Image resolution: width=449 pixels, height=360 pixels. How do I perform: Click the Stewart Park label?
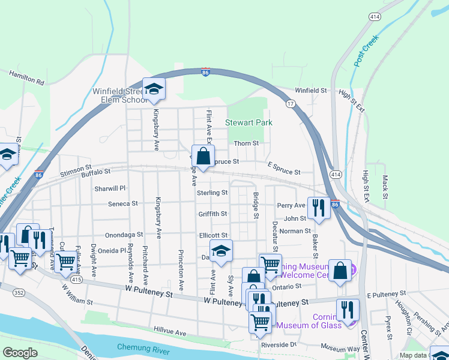pyautogui.click(x=249, y=122)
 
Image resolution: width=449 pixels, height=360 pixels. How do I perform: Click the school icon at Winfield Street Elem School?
pyautogui.click(x=154, y=89)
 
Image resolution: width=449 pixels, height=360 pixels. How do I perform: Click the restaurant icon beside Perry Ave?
pyautogui.click(x=319, y=208)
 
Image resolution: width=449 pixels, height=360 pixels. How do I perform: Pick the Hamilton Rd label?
pyautogui.click(x=26, y=77)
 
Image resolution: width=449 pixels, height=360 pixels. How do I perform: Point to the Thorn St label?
pyautogui.click(x=246, y=143)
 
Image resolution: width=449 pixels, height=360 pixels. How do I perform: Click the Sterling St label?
pyautogui.click(x=212, y=193)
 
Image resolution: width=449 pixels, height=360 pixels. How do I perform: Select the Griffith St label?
pyautogui.click(x=212, y=214)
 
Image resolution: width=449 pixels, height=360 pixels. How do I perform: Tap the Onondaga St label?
pyautogui.click(x=124, y=235)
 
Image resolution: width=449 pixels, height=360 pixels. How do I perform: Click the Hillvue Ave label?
pyautogui.click(x=170, y=332)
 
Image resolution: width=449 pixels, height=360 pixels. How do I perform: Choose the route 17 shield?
pyautogui.click(x=291, y=104)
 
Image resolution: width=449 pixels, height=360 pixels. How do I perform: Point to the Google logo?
pyautogui.click(x=20, y=352)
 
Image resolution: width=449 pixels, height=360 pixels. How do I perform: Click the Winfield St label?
pyautogui.click(x=313, y=91)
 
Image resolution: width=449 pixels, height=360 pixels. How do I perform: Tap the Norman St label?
pyautogui.click(x=295, y=230)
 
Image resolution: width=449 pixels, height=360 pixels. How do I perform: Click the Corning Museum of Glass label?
pyautogui.click(x=327, y=321)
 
